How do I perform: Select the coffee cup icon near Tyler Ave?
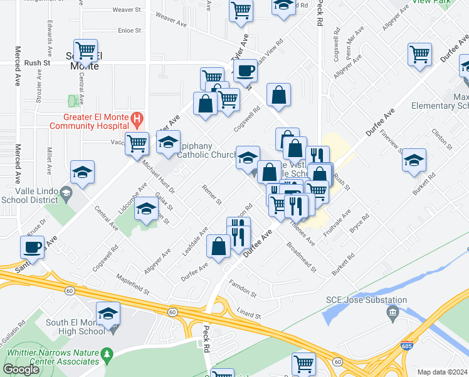(245, 70)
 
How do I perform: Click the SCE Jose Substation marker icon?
(393, 312)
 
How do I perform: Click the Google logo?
(21, 369)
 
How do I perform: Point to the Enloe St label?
(129, 30)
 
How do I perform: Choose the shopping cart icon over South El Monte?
(85, 50)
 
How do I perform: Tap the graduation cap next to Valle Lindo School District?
(83, 172)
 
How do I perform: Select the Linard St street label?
(248, 312)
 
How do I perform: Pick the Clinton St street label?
(442, 139)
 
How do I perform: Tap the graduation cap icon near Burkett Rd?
(414, 160)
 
